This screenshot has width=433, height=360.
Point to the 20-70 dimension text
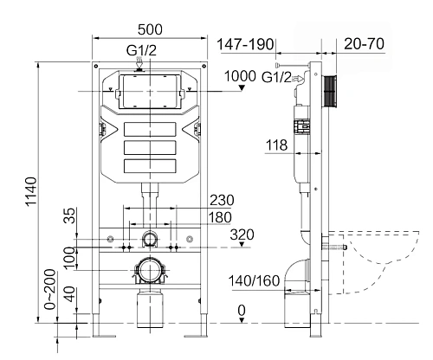click(365, 42)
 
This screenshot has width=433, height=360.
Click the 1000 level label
click(241, 77)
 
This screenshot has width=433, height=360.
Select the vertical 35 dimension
click(68, 216)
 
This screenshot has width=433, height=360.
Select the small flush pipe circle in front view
click(152, 238)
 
